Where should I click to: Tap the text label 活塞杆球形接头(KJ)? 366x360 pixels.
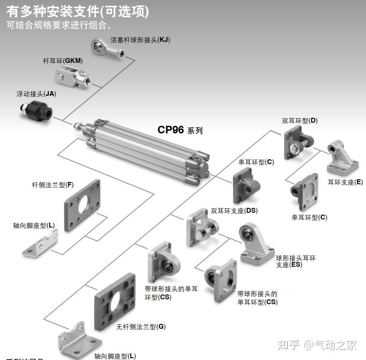point(140,40)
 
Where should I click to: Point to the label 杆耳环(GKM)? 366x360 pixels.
point(63,60)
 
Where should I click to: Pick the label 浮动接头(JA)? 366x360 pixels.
point(36,94)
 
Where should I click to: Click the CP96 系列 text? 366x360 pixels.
point(180,130)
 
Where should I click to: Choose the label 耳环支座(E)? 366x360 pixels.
point(345,182)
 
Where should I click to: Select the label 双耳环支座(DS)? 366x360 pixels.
point(234,211)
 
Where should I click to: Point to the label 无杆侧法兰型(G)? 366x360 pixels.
point(141,327)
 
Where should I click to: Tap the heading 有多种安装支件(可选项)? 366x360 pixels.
point(78,11)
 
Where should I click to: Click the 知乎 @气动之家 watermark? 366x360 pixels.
point(317,345)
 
